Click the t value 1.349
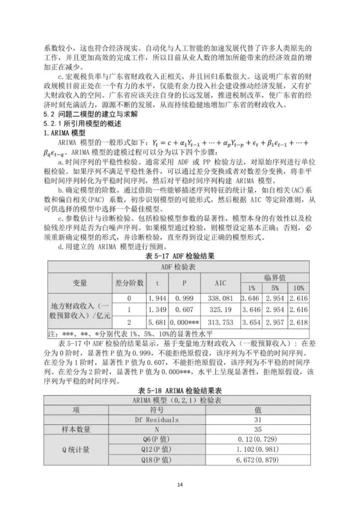tap(158, 310)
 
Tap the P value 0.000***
tap(186, 321)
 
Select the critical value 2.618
tap(299, 321)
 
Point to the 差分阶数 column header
tap(130, 283)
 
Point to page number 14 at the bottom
tap(179, 485)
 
